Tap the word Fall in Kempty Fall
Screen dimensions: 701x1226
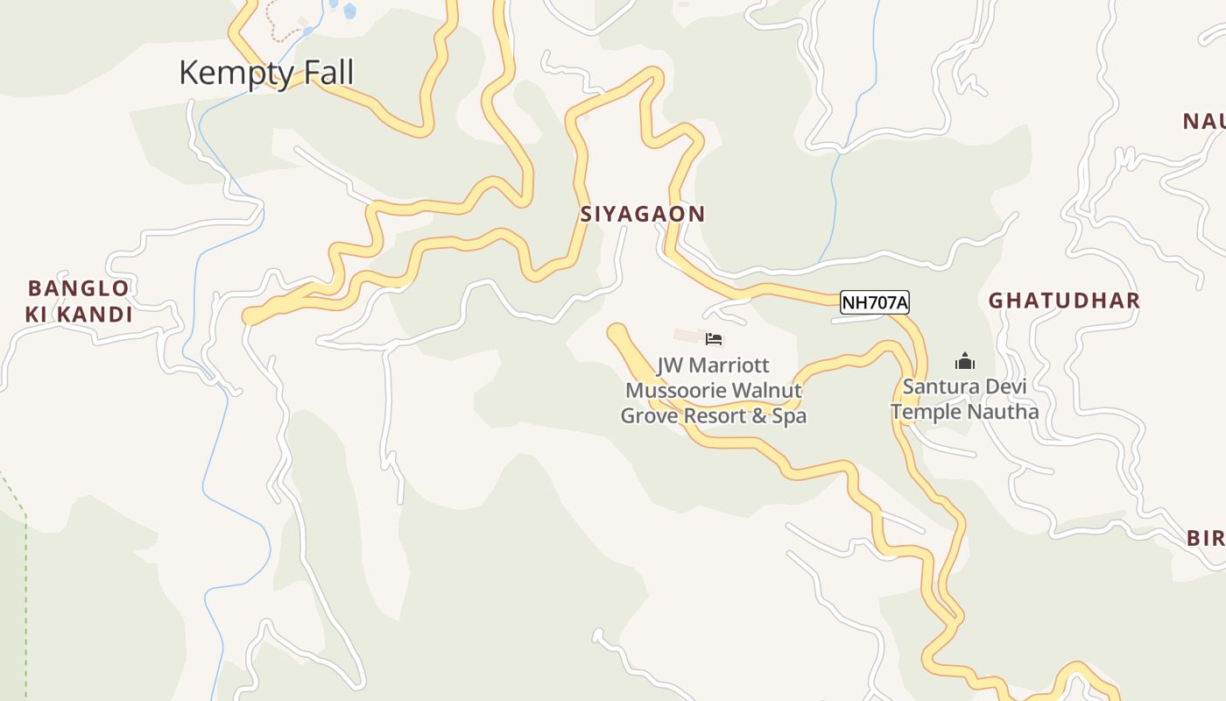point(326,72)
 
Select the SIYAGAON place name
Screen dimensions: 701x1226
point(642,214)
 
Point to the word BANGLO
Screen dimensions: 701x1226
point(79,288)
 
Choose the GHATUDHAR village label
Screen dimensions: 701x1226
point(1064,301)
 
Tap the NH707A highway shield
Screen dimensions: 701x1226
point(874,303)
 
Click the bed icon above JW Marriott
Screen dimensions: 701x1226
point(714,339)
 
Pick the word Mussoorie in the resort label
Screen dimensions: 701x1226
point(675,390)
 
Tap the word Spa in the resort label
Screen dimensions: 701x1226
point(789,415)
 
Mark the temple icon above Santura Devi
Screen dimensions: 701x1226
point(964,361)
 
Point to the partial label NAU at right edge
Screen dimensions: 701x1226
point(1204,122)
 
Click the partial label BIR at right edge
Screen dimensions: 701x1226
point(1206,538)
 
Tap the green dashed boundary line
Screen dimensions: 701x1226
point(25,570)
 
